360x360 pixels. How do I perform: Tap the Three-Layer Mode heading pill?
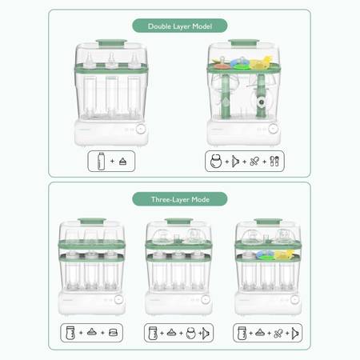coord(180,199)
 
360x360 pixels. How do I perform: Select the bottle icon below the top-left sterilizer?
coord(101,161)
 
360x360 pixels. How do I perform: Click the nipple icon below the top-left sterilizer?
coord(122,162)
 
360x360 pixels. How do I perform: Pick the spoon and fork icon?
coord(274,162)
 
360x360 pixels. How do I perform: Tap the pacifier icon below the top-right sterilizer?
coord(254,162)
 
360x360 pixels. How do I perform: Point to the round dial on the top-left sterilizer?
coord(141,129)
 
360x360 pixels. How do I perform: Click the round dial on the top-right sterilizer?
coord(273,129)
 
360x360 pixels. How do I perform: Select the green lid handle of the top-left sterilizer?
coord(111,42)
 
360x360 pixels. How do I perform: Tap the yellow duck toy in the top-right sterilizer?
coord(261,62)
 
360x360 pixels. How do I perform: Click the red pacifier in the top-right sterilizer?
coord(221,64)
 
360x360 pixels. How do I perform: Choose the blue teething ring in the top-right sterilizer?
coord(240,63)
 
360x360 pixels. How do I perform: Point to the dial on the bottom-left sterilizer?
coord(118,299)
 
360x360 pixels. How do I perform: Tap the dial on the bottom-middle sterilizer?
coord(206,299)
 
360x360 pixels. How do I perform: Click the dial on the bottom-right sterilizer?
coord(294,299)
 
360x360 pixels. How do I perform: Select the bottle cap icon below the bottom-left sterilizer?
coord(113,333)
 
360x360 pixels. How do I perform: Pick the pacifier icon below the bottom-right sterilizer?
coord(278,333)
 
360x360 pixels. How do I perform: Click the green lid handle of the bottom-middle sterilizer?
coord(179,221)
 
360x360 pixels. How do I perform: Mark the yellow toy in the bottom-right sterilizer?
coord(284,254)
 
